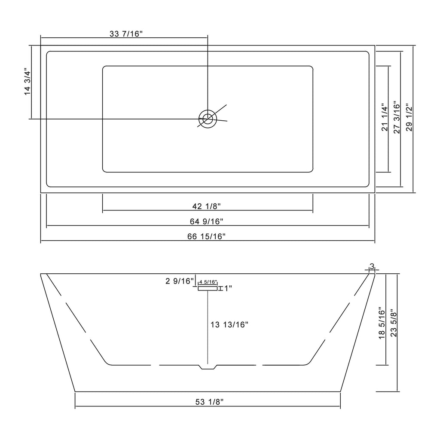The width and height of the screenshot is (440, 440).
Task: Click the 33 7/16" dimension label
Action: click(125, 34)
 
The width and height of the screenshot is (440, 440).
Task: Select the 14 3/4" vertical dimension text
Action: click(28, 82)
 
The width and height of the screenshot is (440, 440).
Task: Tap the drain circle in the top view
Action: click(208, 118)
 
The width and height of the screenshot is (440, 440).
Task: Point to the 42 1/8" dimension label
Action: click(207, 206)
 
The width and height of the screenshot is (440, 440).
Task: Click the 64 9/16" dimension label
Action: click(207, 221)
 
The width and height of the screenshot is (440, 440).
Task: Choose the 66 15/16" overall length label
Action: click(207, 236)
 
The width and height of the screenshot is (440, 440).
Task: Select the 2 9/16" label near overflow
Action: click(179, 281)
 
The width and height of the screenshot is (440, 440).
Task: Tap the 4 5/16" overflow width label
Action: click(208, 282)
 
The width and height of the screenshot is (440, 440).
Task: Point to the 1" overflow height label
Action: click(228, 288)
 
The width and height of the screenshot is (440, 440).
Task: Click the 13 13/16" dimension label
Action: click(229, 325)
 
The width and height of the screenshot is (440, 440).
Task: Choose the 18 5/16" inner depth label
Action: click(381, 323)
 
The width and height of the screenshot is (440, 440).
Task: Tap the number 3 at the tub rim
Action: click(372, 266)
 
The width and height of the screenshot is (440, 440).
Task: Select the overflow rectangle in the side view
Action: click(208, 288)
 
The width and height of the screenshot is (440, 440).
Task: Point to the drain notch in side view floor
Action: click(208, 367)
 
